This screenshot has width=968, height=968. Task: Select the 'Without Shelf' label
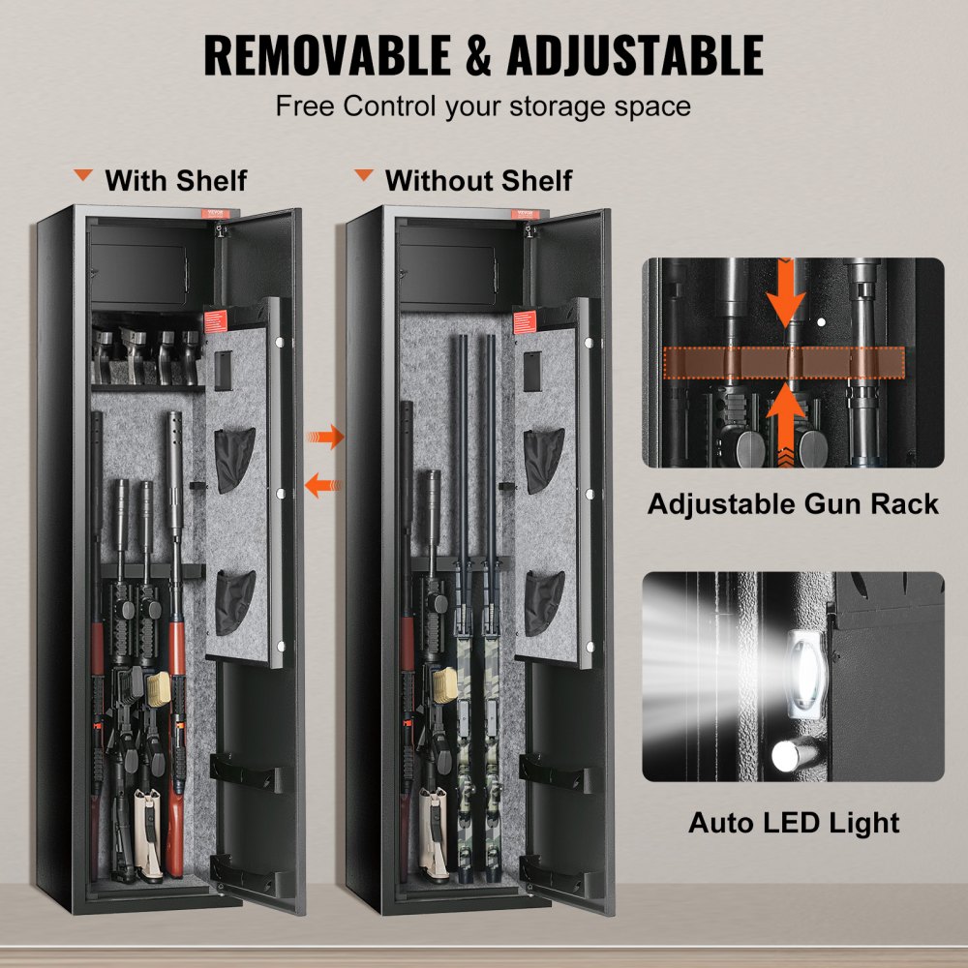tap(478, 180)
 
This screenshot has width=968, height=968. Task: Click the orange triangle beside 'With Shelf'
tap(85, 177)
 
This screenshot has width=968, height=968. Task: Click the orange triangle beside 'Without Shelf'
tap(364, 177)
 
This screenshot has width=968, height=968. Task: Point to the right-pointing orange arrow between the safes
tap(326, 437)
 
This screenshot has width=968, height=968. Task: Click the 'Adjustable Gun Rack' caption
tap(793, 503)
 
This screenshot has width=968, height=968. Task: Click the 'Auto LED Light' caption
tap(794, 823)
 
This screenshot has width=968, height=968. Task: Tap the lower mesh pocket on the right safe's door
tap(544, 602)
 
